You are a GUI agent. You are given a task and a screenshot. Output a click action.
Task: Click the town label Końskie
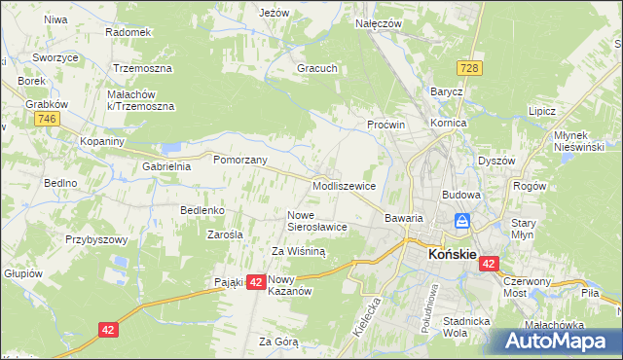coord(453,255)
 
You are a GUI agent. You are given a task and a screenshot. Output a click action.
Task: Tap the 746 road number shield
coord(45,119)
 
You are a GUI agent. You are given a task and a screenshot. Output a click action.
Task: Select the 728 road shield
coord(471,67)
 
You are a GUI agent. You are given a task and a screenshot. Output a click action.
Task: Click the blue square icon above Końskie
coord(463,222)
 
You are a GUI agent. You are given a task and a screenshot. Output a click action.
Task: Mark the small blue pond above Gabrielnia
coord(172,149)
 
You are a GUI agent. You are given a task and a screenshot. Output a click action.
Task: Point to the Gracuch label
coord(317,69)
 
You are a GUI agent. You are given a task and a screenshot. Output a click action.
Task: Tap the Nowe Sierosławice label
coord(316,220)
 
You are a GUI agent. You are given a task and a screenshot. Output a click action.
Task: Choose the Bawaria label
coord(403,218)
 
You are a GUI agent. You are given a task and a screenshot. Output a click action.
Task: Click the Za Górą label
coord(278,342)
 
